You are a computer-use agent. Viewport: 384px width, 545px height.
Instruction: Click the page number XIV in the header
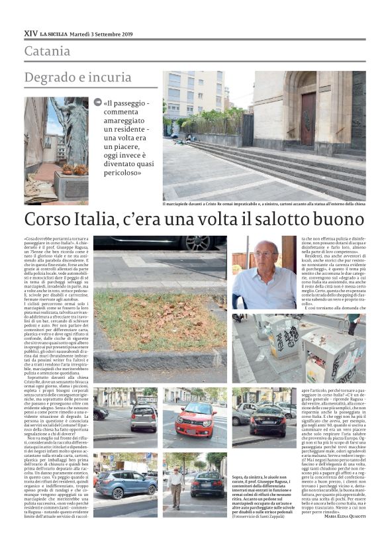tap(30, 32)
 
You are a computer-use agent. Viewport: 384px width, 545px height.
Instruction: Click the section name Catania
tap(46, 51)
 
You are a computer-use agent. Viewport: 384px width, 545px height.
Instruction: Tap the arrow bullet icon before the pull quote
tap(98, 103)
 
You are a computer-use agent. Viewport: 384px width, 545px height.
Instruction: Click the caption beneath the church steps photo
tap(264, 205)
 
